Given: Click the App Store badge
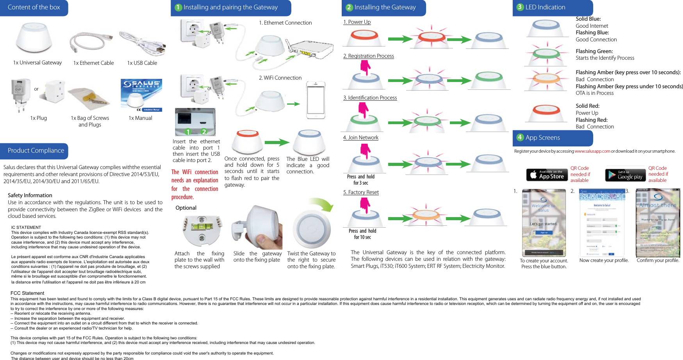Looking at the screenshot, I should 547,175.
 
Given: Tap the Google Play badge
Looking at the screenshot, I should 625,175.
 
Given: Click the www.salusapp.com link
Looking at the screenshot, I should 592,151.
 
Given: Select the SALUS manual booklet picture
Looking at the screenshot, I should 141,95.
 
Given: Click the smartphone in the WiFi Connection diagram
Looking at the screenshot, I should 316,100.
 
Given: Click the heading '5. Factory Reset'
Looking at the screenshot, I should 361,192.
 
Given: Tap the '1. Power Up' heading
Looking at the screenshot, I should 357,22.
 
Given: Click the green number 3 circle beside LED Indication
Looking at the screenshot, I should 519,7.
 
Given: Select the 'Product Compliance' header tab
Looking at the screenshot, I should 35,151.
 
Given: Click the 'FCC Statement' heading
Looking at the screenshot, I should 27,293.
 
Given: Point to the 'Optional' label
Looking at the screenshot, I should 186,208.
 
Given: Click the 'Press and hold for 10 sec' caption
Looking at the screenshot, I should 362,234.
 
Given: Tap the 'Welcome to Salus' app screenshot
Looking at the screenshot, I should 544,223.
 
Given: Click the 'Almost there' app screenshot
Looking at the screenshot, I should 658,223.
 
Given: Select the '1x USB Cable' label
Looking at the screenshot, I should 142,63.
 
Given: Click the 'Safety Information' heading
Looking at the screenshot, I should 30,195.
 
